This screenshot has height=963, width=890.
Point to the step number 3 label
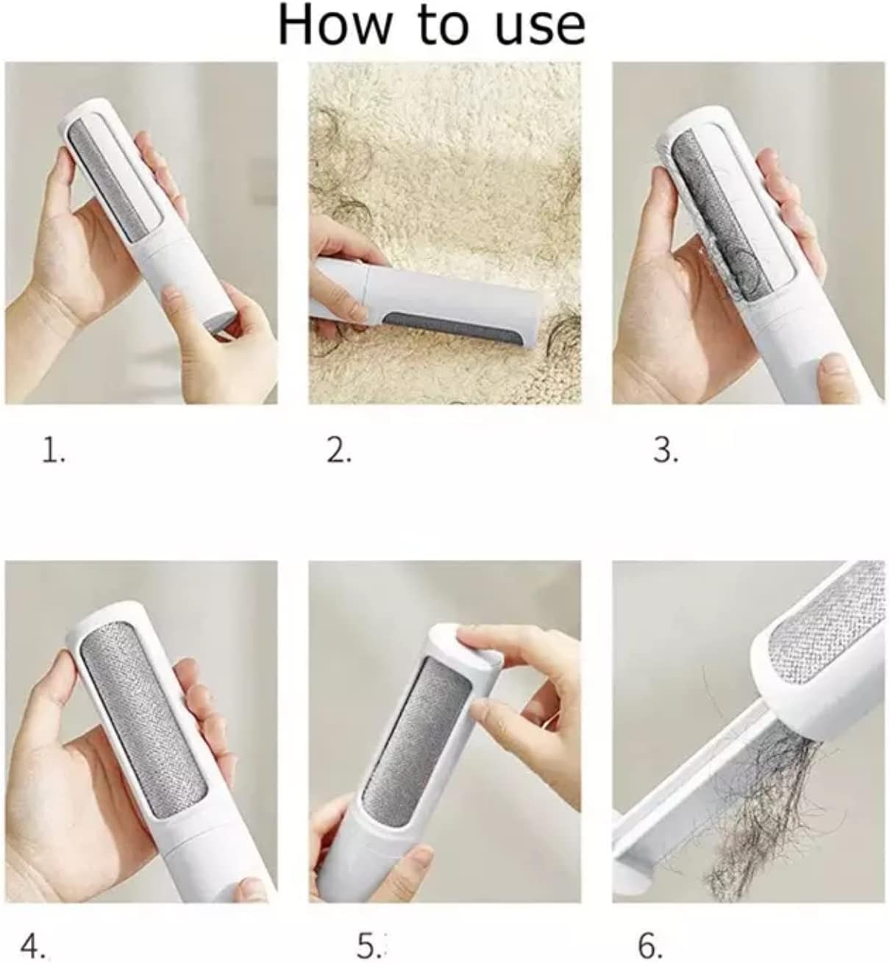[666, 450]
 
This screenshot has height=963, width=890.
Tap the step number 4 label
[37, 944]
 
